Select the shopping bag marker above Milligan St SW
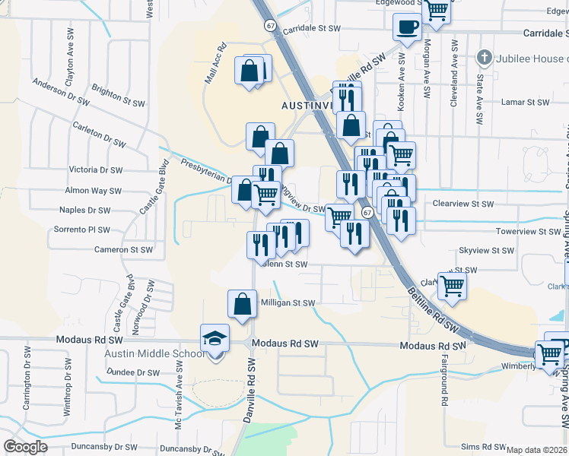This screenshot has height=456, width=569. (241, 305)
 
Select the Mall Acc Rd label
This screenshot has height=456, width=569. (215, 63)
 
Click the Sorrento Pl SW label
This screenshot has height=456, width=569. (82, 230)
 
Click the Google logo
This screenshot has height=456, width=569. (26, 447)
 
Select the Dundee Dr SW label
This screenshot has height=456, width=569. (127, 372)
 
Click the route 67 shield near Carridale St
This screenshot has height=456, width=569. (271, 26)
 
